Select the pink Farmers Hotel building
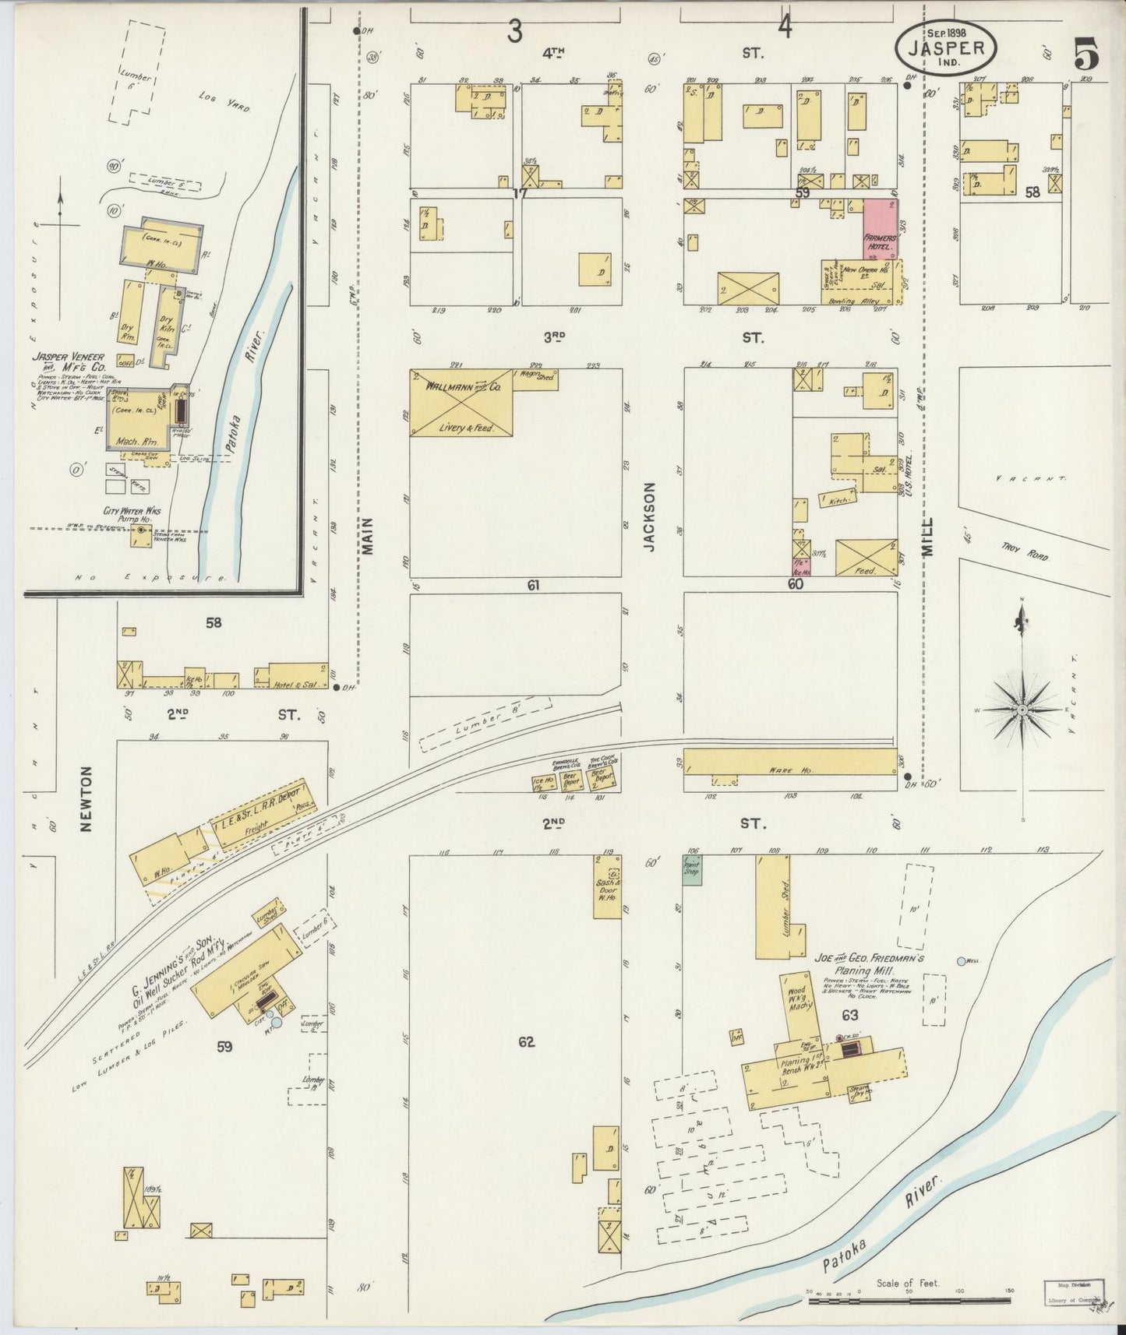click(x=881, y=228)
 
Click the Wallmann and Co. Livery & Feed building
click(x=461, y=402)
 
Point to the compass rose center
click(x=1022, y=710)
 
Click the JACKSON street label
click(x=650, y=516)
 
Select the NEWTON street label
click(x=86, y=798)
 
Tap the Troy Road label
click(x=1025, y=552)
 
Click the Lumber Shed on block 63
click(x=772, y=907)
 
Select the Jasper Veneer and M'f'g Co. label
click(x=68, y=362)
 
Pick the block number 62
click(x=527, y=1041)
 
